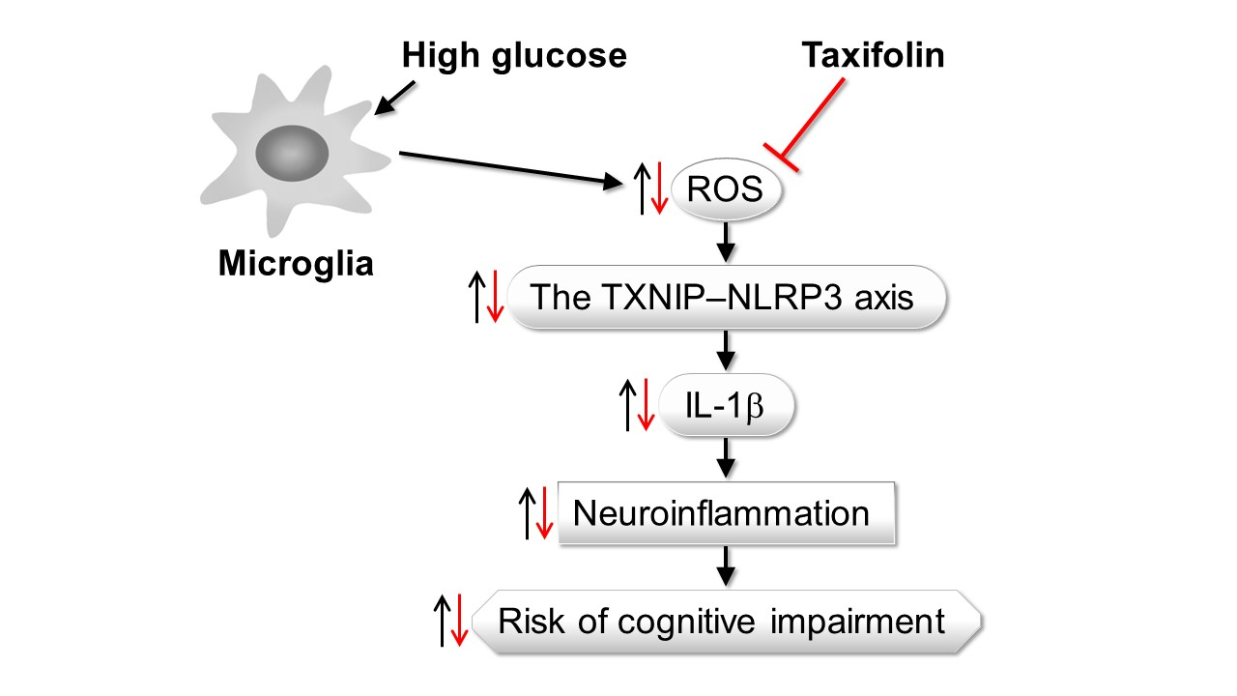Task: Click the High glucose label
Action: [x=514, y=56]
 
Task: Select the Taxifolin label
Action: [x=873, y=56]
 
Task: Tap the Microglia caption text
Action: [x=296, y=264]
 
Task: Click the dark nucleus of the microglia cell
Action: [x=292, y=153]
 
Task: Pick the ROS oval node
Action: [x=725, y=190]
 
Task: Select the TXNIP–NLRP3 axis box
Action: [x=724, y=297]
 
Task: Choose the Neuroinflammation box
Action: [x=726, y=511]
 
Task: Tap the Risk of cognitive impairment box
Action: [x=726, y=620]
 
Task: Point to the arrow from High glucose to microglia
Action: [x=396, y=98]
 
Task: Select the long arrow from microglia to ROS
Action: [x=512, y=166]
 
